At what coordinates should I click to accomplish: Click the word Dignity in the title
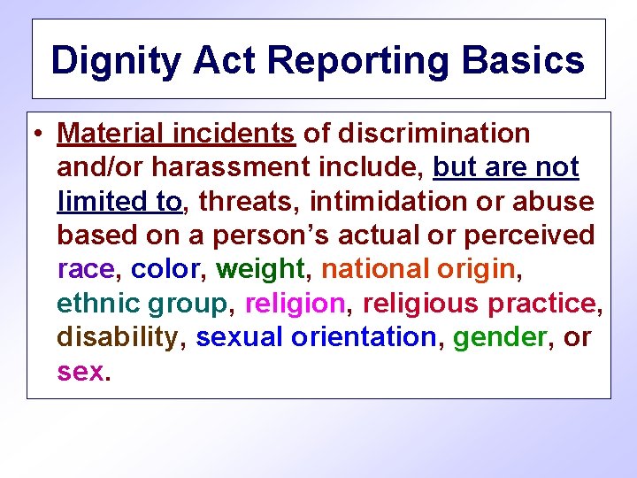click(111, 61)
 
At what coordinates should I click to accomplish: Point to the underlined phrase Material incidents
click(175, 134)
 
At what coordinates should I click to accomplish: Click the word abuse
click(552, 202)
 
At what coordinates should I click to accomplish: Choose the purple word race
click(86, 269)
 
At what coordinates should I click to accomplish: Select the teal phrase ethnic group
click(142, 304)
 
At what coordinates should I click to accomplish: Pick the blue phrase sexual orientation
click(316, 337)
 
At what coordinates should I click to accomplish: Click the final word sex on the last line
click(81, 372)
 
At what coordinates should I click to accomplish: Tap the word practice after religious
click(542, 304)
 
